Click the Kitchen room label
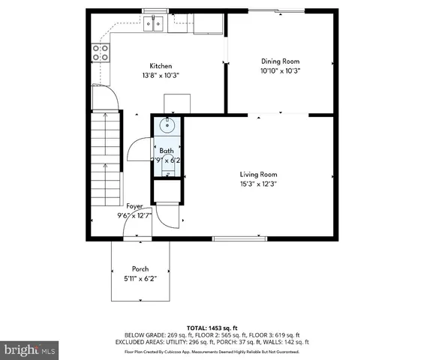pyautogui.click(x=161, y=65)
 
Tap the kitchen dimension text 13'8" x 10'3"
pyautogui.click(x=161, y=75)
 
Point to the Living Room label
pyautogui.click(x=258, y=175)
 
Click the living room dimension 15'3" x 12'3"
pyautogui.click(x=258, y=184)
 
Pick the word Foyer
pyautogui.click(x=134, y=205)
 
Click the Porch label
pyautogui.click(x=140, y=268)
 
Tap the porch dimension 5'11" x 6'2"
pyautogui.click(x=140, y=278)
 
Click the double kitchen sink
pyautogui.click(x=155, y=24)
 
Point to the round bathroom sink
pyautogui.click(x=167, y=125)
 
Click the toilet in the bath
pyautogui.click(x=167, y=159)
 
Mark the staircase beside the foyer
pyautogui.click(x=106, y=159)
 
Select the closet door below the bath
pyautogui.click(x=172, y=217)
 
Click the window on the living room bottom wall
pyautogui.click(x=239, y=238)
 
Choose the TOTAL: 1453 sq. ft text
pyautogui.click(x=212, y=328)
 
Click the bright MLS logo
pyautogui.click(x=30, y=349)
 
